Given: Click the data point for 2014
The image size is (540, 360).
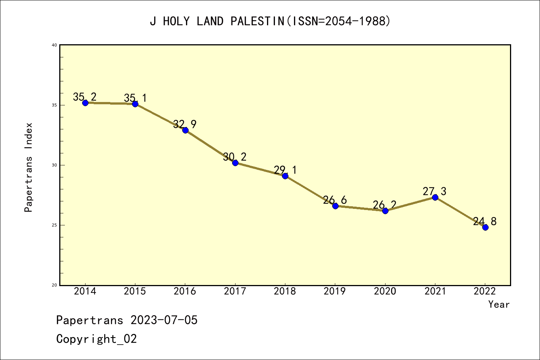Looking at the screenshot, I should pyautogui.click(x=85, y=103).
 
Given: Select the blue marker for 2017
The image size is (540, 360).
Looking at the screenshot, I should pyautogui.click(x=235, y=163).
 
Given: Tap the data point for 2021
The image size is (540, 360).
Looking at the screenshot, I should pyautogui.click(x=435, y=197).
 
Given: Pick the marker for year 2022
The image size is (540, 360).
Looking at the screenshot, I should pyautogui.click(x=485, y=227).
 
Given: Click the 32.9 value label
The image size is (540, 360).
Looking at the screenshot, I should pyautogui.click(x=185, y=124).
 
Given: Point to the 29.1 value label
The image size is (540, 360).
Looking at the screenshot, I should pyautogui.click(x=285, y=170).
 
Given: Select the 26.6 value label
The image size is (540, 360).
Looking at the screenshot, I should pyautogui.click(x=335, y=200).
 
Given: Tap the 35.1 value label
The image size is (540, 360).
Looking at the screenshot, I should pyautogui.click(x=135, y=98).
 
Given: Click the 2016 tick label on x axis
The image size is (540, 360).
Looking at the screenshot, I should pyautogui.click(x=185, y=291).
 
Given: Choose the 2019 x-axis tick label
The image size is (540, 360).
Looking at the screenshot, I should pyautogui.click(x=335, y=291).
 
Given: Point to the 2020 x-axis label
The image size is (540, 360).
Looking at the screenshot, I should pyautogui.click(x=385, y=291).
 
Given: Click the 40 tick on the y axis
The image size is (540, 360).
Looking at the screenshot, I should pyautogui.click(x=54, y=45).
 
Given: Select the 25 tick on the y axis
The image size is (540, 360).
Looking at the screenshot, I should pyautogui.click(x=54, y=225).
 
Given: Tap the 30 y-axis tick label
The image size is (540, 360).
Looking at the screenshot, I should pyautogui.click(x=54, y=165).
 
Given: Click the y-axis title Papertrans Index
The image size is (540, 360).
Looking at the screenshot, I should pyautogui.click(x=29, y=167).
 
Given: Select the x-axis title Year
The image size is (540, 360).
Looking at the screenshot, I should pyautogui.click(x=499, y=304).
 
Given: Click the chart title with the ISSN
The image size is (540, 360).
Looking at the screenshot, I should pyautogui.click(x=270, y=21).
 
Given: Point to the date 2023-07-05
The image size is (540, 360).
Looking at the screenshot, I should pyautogui.click(x=164, y=320).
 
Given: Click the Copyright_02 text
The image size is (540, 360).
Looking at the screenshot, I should pyautogui.click(x=96, y=339).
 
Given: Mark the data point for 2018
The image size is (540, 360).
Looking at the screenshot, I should pyautogui.click(x=285, y=176).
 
